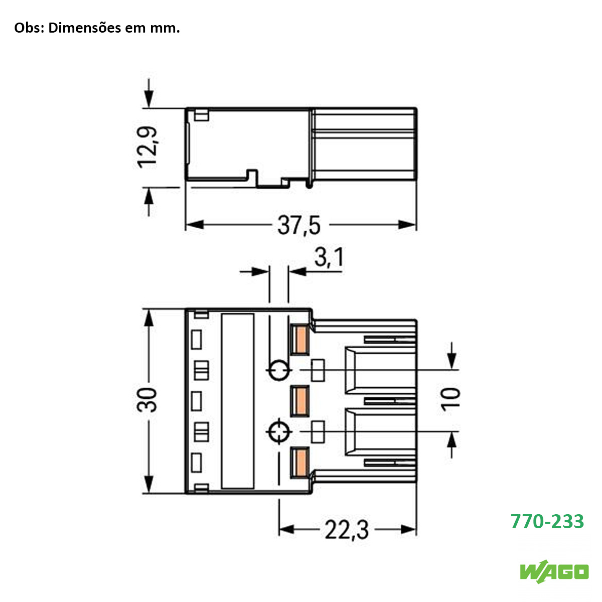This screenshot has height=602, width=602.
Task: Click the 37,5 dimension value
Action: pos(299,225)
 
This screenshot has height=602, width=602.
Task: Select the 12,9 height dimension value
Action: pos(148,147)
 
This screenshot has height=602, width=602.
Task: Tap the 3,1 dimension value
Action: pos(329,258)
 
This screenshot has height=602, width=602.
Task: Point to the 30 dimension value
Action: pos(148,400)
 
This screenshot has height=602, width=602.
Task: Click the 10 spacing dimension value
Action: pos(452,399)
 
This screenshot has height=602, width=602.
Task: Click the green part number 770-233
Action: pos(547,522)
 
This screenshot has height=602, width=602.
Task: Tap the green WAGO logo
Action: pos(554,571)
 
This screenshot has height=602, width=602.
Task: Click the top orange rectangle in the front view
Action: pos(300,340)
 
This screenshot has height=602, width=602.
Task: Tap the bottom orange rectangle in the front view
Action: pos(300,462)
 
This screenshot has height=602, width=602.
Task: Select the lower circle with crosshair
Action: pos(278,431)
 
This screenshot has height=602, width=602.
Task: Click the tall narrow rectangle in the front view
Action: pos(237,401)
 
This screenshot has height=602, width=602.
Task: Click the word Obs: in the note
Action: pos(29,28)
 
